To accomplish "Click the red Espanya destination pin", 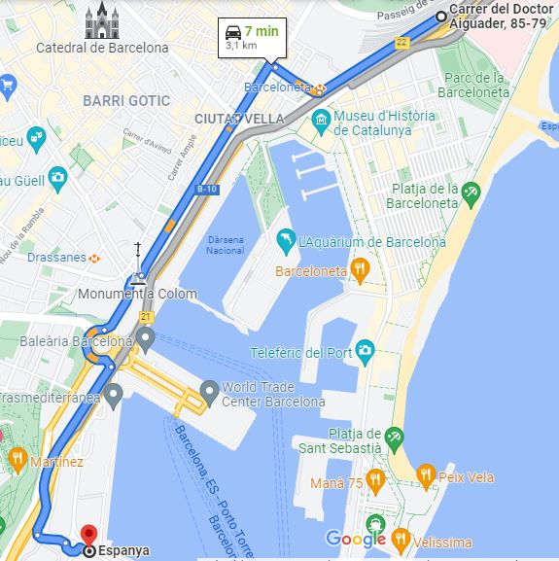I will click(x=88, y=534).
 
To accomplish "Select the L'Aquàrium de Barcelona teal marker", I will click(x=286, y=240).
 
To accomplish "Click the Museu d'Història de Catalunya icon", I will click(x=322, y=123).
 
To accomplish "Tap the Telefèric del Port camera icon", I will click(x=365, y=351).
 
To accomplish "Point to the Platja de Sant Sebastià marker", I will click(x=393, y=438).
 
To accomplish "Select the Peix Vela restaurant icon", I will click(x=426, y=476).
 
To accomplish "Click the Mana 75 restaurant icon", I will click(x=374, y=481).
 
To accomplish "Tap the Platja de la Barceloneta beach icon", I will click(x=471, y=195).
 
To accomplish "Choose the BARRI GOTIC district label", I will click(x=126, y=100).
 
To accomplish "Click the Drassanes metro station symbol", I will click(x=94, y=258).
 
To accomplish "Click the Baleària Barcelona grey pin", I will click(x=146, y=339).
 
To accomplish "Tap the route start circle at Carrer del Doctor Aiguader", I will click(x=441, y=16).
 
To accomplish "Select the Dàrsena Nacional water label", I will click(x=226, y=245).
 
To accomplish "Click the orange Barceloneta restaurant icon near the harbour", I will click(x=360, y=270).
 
